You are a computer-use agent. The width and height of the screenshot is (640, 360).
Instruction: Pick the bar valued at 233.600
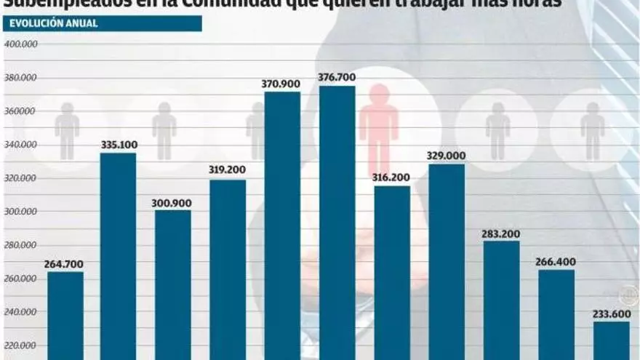click(611, 340)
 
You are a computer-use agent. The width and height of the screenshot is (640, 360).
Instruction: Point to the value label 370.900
click(281, 84)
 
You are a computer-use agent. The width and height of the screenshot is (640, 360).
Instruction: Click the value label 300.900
click(172, 203)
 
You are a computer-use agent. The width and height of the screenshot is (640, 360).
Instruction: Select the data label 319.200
click(227, 170)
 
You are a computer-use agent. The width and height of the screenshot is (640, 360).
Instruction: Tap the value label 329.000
click(447, 156)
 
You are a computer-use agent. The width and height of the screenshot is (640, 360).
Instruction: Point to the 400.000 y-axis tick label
click(21, 44)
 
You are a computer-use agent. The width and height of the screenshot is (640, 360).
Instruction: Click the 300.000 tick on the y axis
click(21, 212)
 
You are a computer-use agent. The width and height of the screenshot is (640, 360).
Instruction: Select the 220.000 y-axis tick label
click(21, 346)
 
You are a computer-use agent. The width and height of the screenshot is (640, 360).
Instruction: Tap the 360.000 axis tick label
click(21, 111)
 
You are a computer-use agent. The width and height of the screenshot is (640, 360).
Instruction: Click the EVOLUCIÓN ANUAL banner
click(102, 23)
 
